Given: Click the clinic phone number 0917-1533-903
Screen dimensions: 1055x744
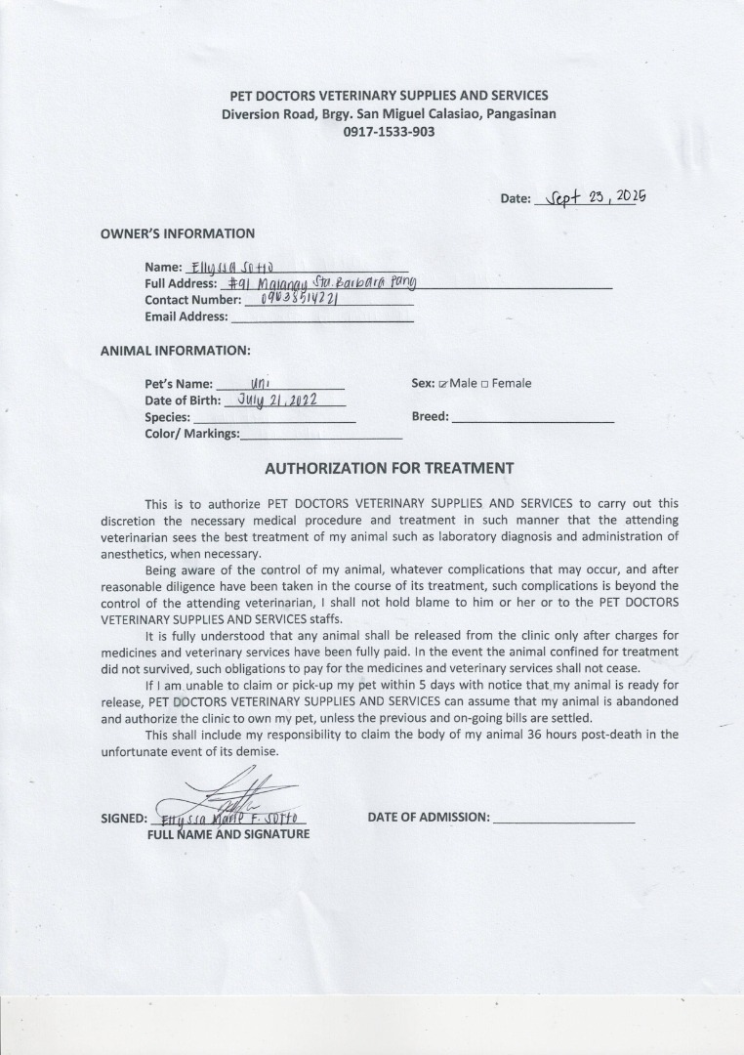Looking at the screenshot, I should click(x=389, y=132).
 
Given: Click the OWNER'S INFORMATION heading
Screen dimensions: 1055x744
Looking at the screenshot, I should click(x=178, y=233).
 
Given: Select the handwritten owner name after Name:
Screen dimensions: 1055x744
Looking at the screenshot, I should click(x=231, y=267).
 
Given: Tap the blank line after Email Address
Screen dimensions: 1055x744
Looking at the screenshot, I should click(x=321, y=316).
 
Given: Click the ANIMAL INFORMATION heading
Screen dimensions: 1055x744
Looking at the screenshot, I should click(x=176, y=350).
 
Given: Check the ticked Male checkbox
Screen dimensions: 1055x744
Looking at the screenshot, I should click(x=443, y=384).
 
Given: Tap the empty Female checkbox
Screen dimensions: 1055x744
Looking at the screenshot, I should click(x=485, y=384).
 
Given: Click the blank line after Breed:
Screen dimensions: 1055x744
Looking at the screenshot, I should click(x=533, y=417).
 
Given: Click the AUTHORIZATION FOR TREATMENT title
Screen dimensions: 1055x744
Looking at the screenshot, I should click(x=389, y=468).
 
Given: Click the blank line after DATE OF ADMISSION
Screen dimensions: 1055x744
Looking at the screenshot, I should click(x=564, y=818).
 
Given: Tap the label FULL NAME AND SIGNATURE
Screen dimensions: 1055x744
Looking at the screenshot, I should click(x=228, y=834).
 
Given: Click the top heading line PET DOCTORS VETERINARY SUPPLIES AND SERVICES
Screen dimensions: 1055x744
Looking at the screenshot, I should click(x=389, y=96).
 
